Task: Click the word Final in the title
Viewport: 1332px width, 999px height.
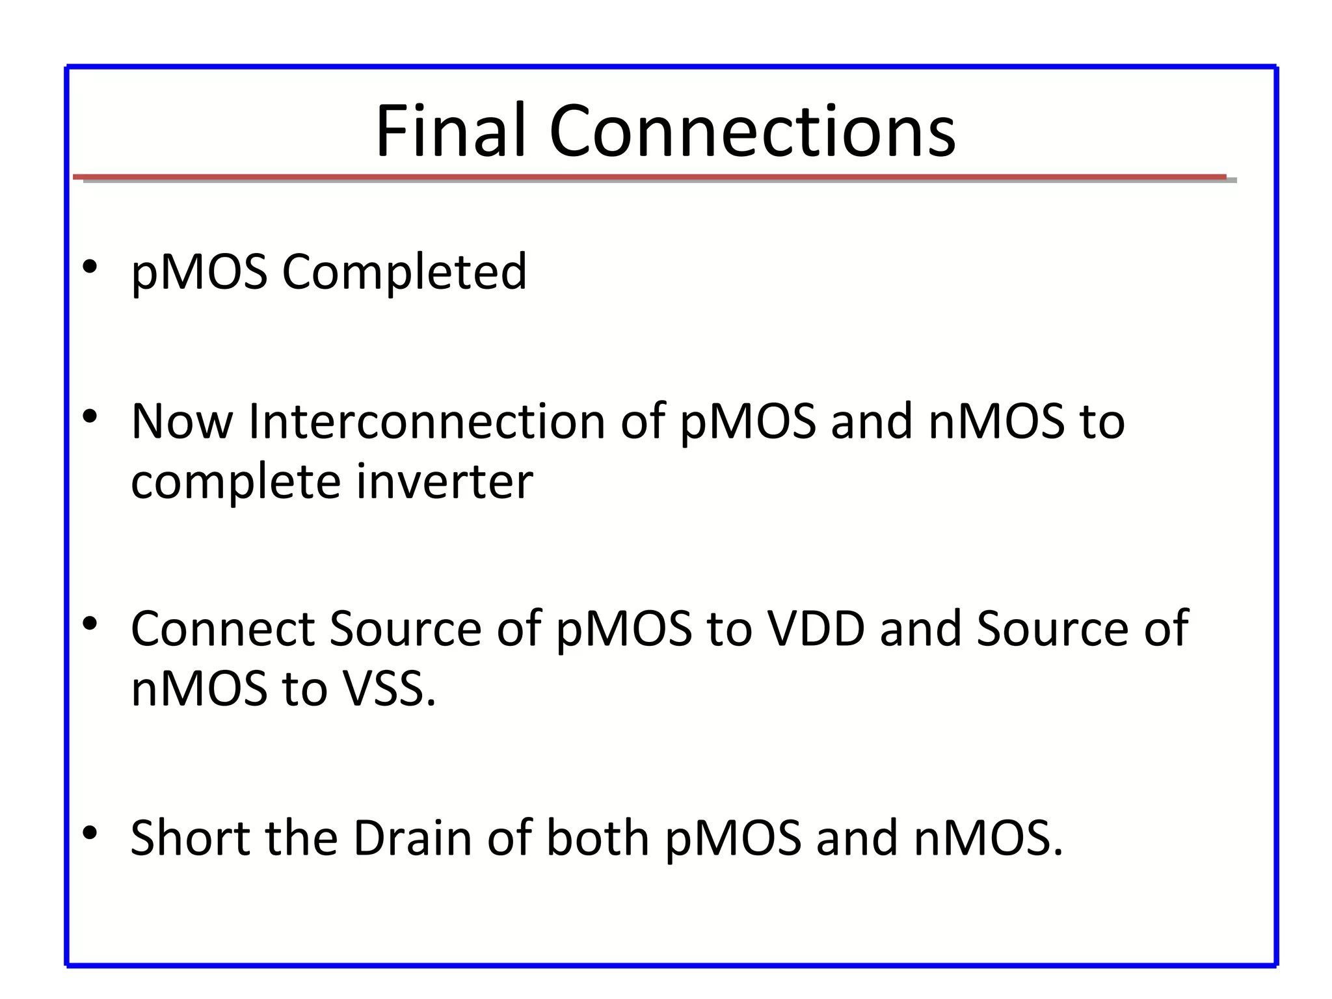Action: (x=450, y=131)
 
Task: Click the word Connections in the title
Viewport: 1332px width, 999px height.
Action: (x=752, y=131)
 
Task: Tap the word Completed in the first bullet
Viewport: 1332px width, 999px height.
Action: (x=404, y=272)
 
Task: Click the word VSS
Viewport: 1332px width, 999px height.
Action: (x=389, y=688)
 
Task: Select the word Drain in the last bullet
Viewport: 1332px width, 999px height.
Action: (x=412, y=838)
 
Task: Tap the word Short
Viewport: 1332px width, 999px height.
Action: (x=190, y=838)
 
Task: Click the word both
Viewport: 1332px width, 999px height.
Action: (x=597, y=838)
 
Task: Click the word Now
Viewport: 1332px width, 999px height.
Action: (x=181, y=421)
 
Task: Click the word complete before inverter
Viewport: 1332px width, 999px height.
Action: (x=235, y=483)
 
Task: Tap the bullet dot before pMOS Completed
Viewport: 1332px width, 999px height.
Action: (x=90, y=267)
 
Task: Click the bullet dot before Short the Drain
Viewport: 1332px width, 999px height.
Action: (x=90, y=832)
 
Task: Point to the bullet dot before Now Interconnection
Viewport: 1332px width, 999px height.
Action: (x=90, y=416)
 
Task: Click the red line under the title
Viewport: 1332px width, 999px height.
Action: (x=650, y=177)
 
